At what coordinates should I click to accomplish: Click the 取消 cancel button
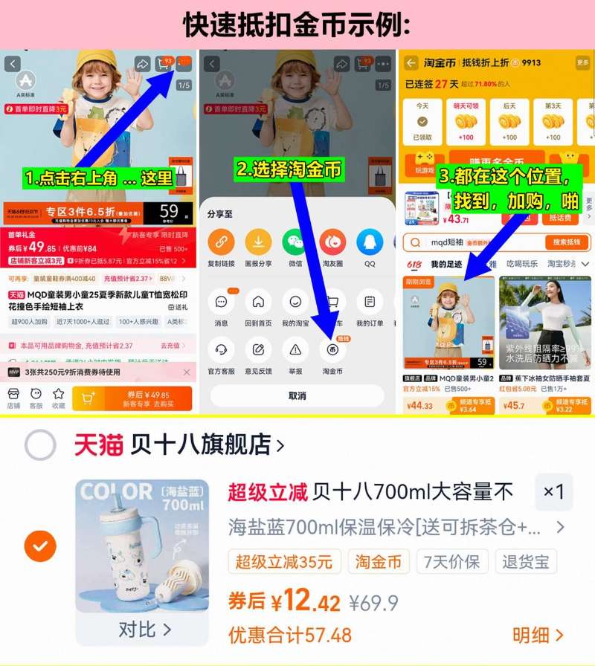(297, 395)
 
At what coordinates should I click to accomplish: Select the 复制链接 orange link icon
(221, 242)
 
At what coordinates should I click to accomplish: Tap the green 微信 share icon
(295, 242)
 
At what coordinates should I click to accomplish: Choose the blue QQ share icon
(370, 242)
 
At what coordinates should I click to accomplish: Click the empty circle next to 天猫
(40, 445)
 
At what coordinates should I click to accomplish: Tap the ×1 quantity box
(553, 492)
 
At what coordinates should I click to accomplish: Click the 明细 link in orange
(538, 635)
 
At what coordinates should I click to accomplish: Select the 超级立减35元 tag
(285, 561)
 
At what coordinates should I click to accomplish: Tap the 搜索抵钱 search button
(567, 242)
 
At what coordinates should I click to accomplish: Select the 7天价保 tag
(452, 561)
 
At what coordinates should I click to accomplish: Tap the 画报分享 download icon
(258, 242)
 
